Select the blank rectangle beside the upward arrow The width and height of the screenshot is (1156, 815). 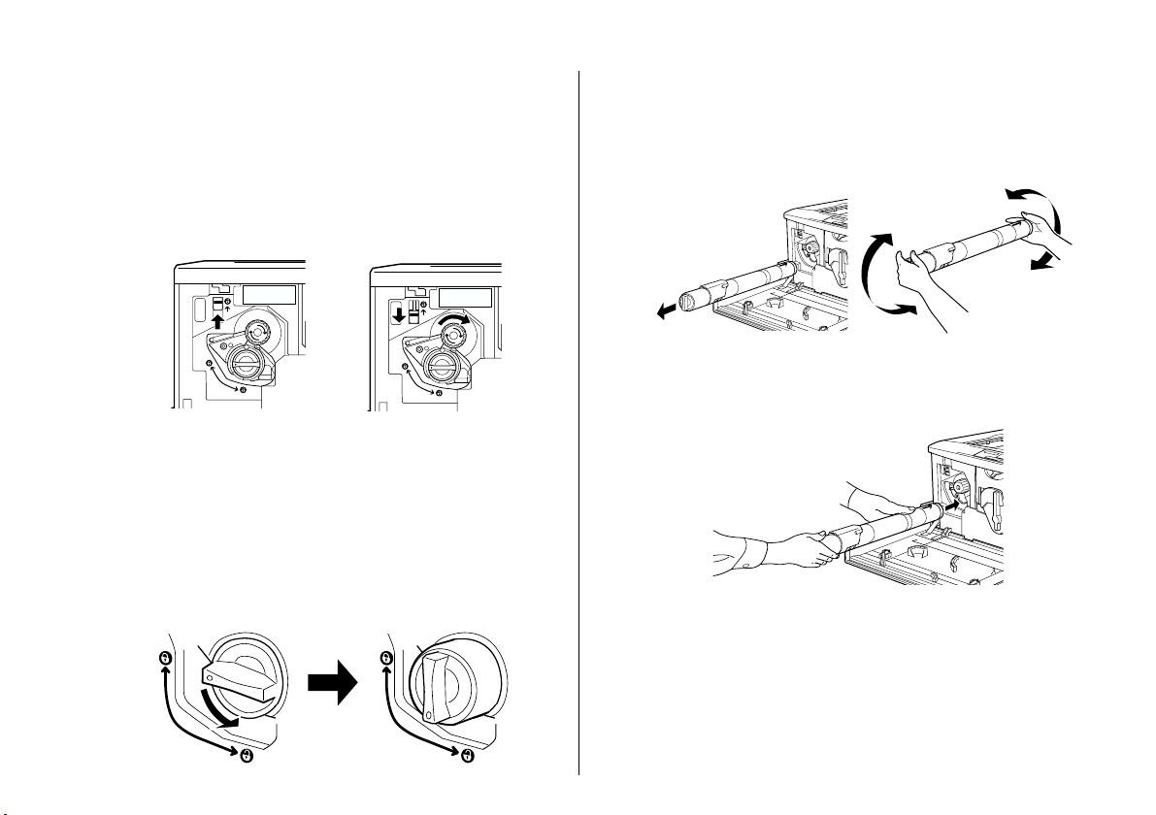point(267,296)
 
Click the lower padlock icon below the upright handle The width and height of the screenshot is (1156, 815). point(466,756)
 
